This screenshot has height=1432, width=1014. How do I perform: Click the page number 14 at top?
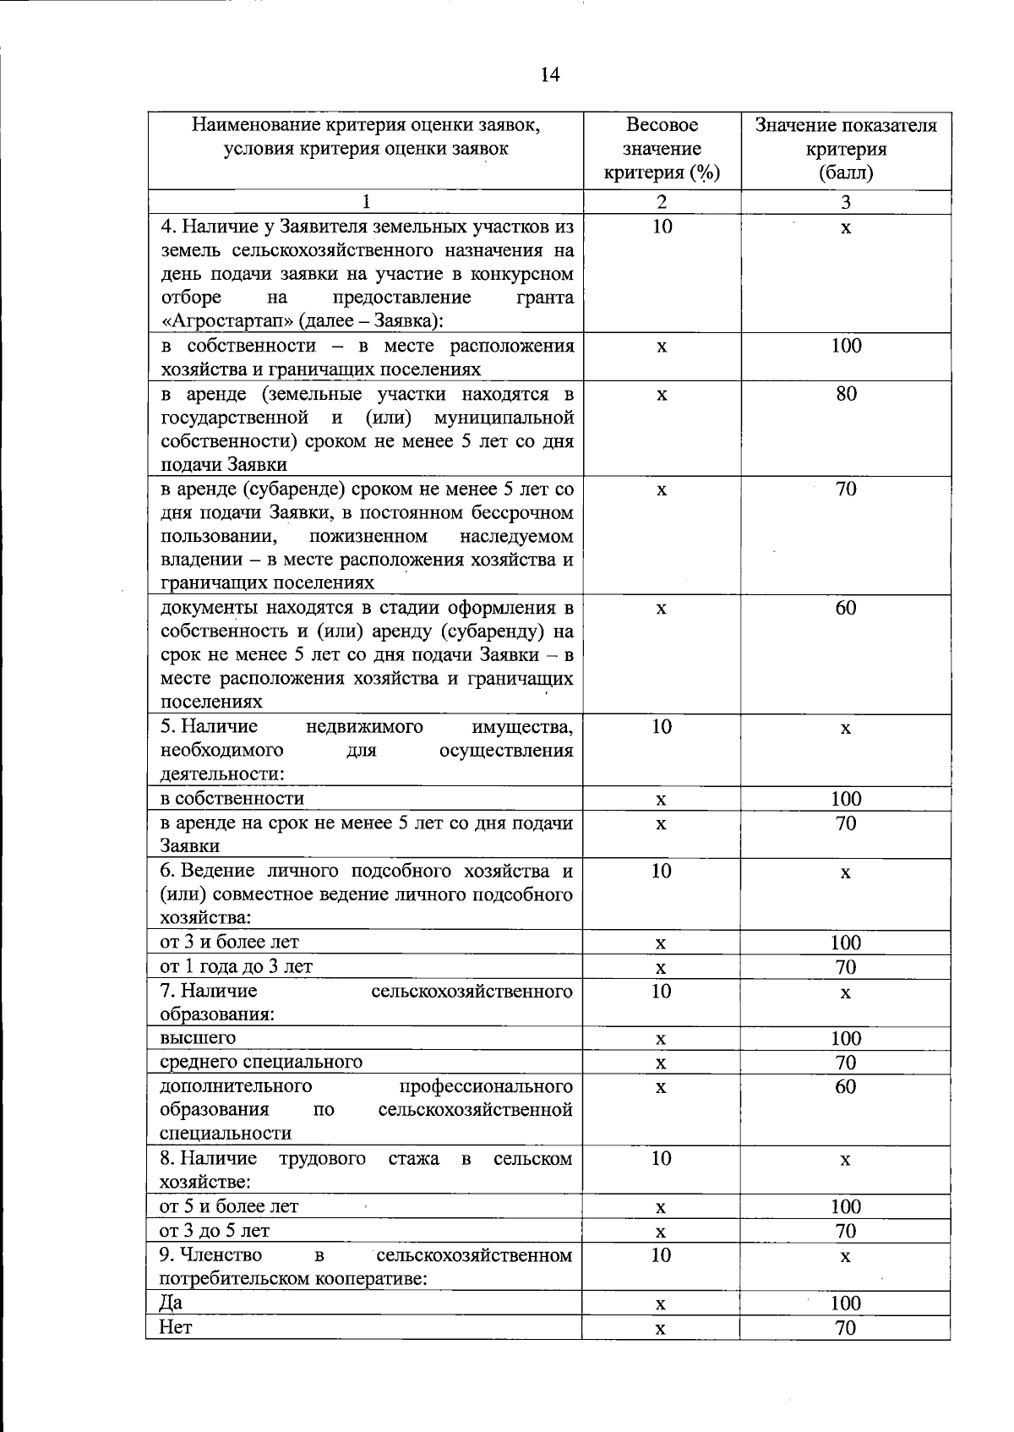[550, 75]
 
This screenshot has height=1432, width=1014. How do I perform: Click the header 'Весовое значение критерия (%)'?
[662, 150]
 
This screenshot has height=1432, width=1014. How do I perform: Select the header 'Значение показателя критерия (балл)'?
[846, 150]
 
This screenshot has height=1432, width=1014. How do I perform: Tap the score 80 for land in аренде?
[846, 394]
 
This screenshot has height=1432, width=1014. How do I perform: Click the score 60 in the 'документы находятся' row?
[846, 608]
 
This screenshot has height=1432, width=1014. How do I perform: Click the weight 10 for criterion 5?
[662, 726]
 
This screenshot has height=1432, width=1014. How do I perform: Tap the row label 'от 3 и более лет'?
[229, 942]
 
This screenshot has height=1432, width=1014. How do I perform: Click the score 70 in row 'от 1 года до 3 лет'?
[846, 967]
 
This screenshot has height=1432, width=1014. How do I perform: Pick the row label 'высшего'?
[198, 1037]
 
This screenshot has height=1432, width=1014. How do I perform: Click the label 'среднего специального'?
[261, 1062]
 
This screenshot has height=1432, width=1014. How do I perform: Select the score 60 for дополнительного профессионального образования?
[846, 1086]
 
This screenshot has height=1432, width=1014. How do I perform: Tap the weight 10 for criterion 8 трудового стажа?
[662, 1158]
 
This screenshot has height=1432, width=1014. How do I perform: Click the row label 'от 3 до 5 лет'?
[215, 1231]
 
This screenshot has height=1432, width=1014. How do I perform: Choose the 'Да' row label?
[171, 1303]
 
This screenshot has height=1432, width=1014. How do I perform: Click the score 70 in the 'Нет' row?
[846, 1328]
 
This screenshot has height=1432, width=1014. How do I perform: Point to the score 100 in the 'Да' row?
[846, 1303]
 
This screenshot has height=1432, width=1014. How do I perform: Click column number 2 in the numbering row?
[662, 202]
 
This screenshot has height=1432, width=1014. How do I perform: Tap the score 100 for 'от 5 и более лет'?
[846, 1206]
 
